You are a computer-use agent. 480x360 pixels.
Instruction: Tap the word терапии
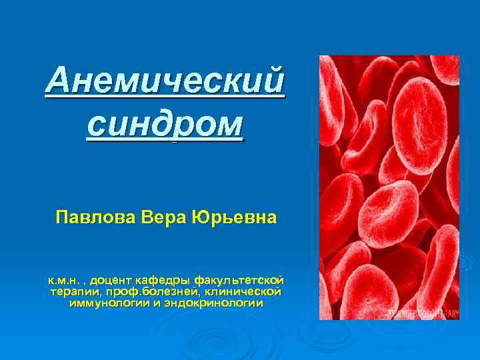[70, 291]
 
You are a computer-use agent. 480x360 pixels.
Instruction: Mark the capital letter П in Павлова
[62, 218]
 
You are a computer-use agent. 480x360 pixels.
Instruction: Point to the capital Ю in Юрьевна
[199, 218]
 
